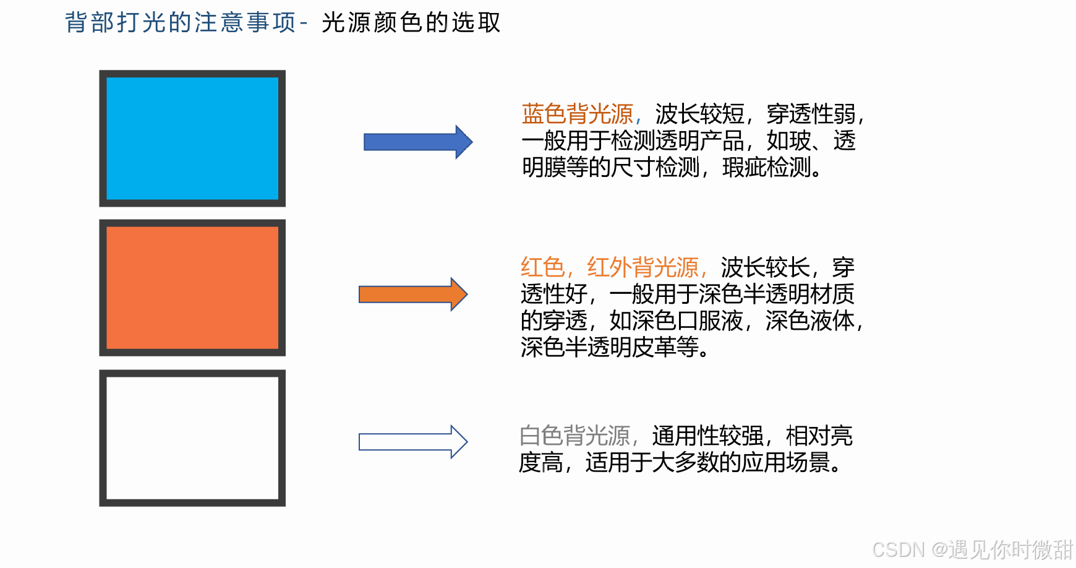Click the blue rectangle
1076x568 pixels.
click(x=192, y=138)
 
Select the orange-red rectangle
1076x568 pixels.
click(x=192, y=288)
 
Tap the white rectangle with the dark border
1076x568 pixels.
click(x=192, y=438)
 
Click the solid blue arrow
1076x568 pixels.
click(x=417, y=142)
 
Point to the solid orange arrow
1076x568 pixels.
click(x=413, y=295)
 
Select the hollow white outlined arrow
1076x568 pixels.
click(x=413, y=442)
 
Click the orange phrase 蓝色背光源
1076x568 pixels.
click(x=577, y=114)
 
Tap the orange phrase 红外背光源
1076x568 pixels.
click(x=643, y=268)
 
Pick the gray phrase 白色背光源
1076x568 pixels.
click(x=574, y=436)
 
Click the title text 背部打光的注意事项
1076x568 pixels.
click(x=180, y=23)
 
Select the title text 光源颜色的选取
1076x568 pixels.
click(x=411, y=23)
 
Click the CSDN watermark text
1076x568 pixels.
click(x=971, y=549)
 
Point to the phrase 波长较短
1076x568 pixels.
click(x=699, y=114)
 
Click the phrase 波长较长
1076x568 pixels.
click(x=765, y=268)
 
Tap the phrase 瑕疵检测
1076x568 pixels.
click(x=766, y=168)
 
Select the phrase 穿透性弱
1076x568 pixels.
click(x=811, y=114)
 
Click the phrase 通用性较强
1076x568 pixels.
click(x=707, y=436)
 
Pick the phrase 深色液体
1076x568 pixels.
click(x=809, y=321)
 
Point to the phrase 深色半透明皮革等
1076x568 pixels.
click(x=608, y=348)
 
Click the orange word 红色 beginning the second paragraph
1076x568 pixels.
click(x=542, y=268)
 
